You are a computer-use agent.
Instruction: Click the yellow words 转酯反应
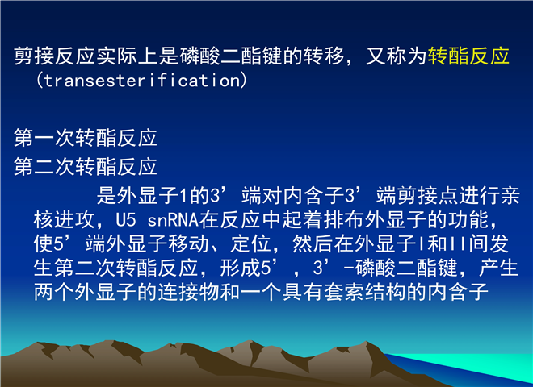tap(468, 56)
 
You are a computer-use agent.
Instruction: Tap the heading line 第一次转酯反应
tap(86, 138)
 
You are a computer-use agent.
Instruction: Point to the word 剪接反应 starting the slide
tap(54, 56)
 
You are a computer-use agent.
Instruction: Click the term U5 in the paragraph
tap(126, 220)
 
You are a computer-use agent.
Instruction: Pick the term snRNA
tap(173, 220)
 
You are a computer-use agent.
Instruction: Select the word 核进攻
tap(64, 220)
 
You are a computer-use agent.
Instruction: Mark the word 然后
tap(313, 243)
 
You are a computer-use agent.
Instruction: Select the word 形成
tap(240, 268)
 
